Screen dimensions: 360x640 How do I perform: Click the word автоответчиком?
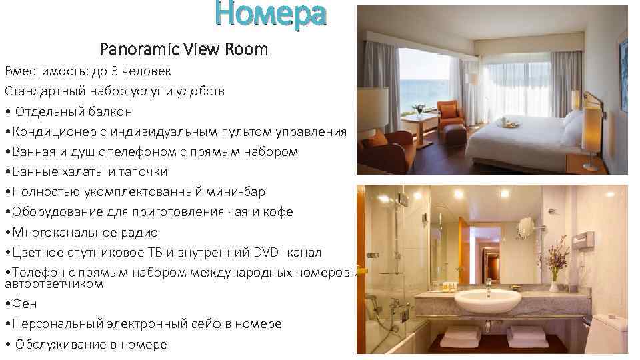click(x=54, y=284)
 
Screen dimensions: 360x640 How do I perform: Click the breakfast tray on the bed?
click(x=511, y=122)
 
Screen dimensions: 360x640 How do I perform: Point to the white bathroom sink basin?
click(x=489, y=299)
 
